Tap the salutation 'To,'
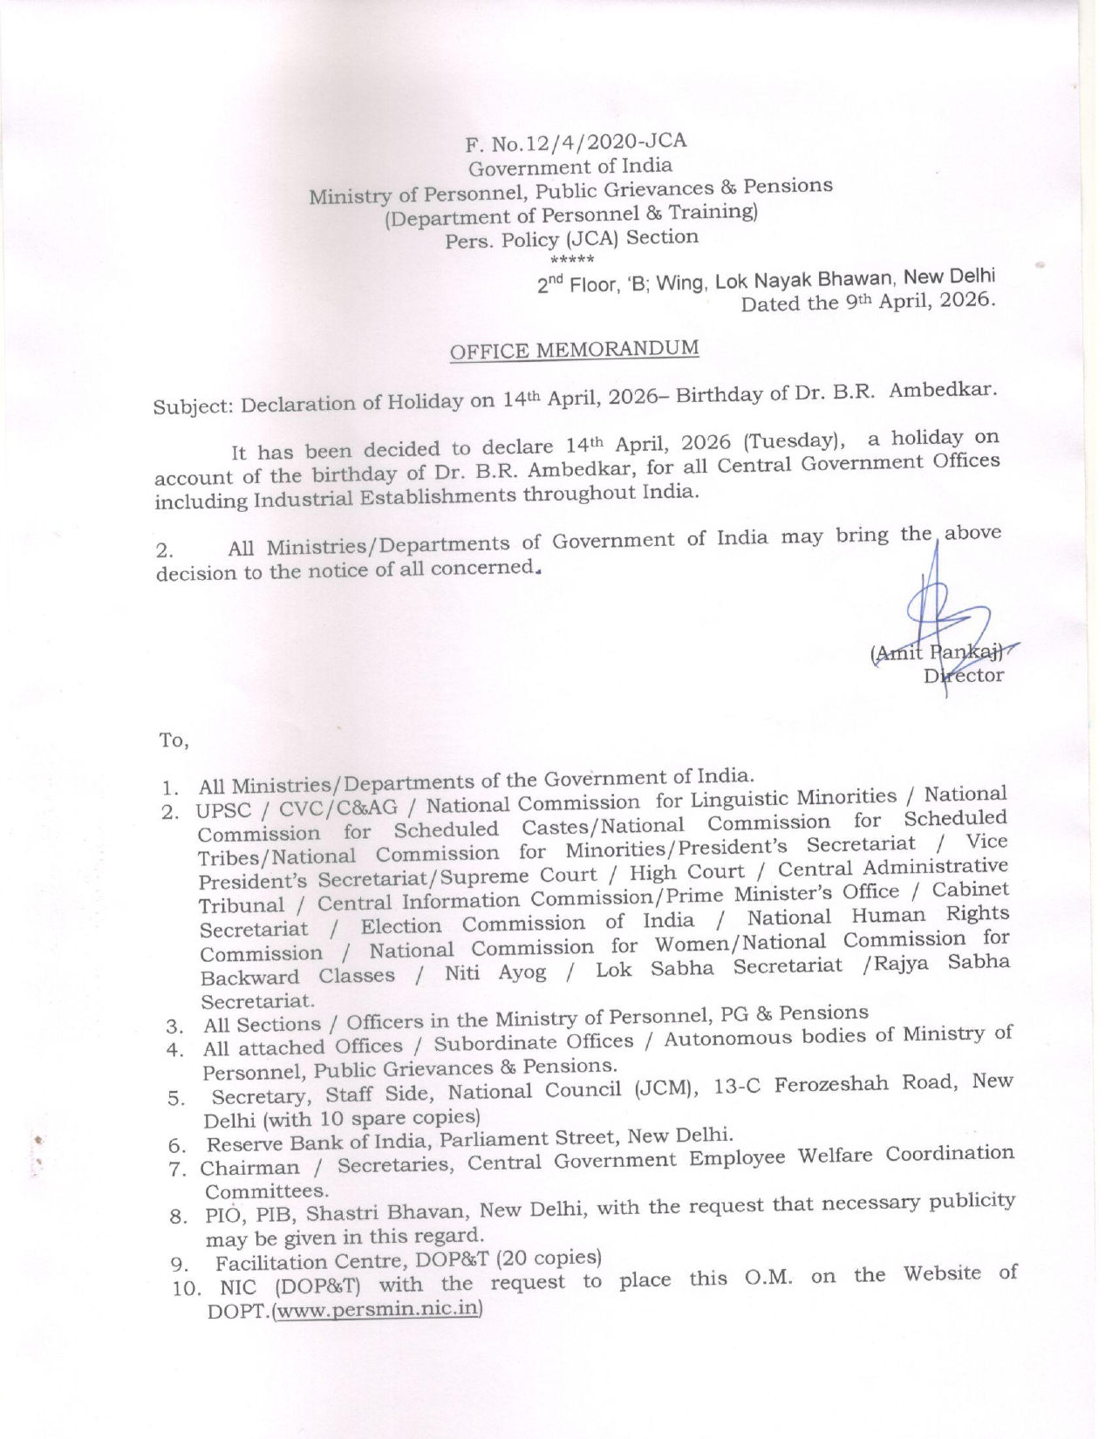click(x=173, y=740)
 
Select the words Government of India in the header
click(x=570, y=167)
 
